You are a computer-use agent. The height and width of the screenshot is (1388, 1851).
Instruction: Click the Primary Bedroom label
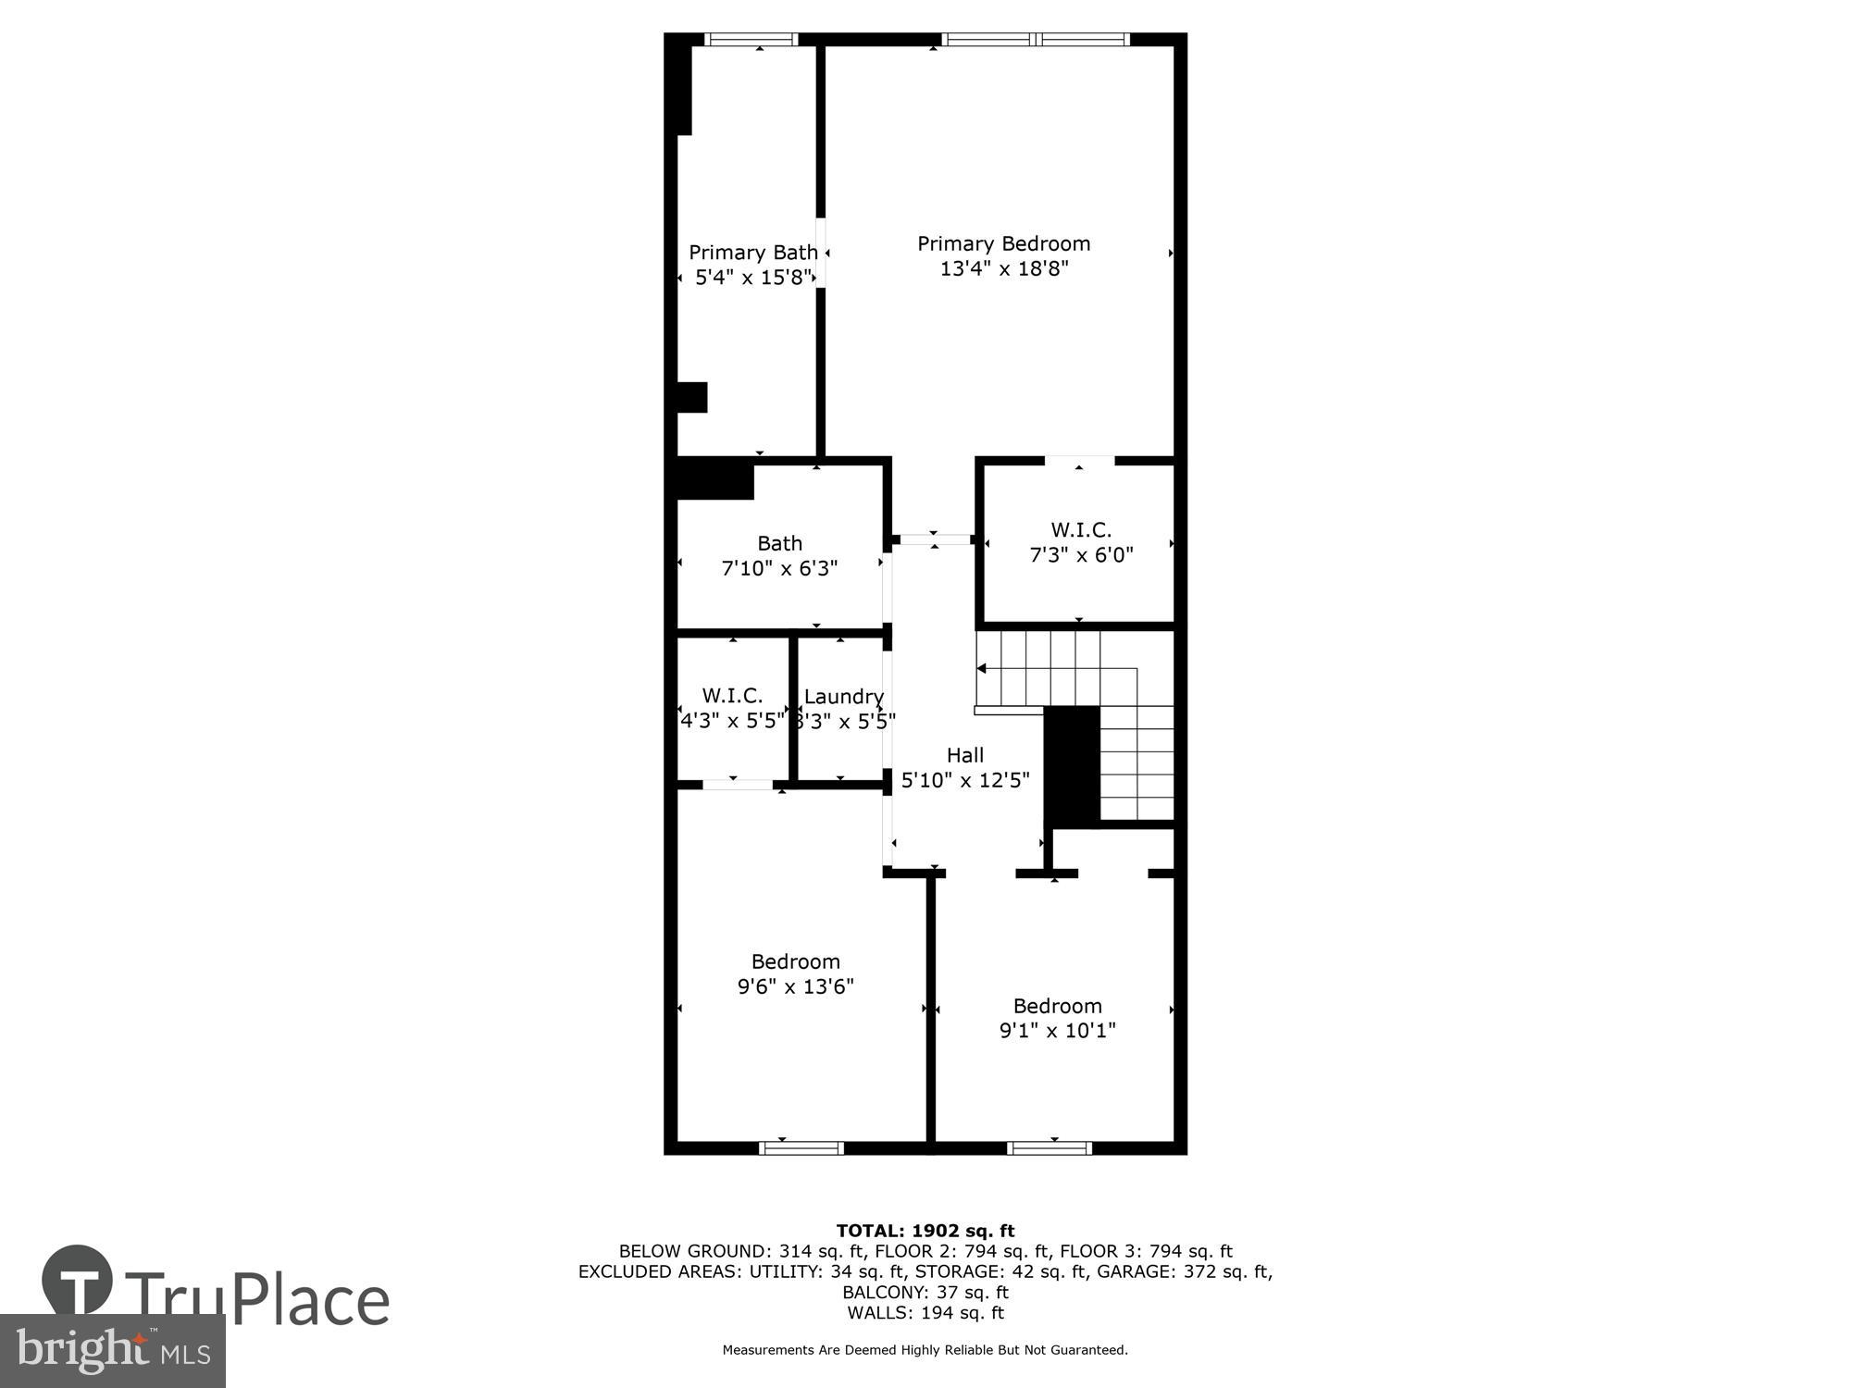pos(1003,243)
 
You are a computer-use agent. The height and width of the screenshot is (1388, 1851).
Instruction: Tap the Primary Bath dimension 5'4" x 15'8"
pos(753,277)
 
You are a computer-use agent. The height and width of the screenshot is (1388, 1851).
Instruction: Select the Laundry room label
pos(843,696)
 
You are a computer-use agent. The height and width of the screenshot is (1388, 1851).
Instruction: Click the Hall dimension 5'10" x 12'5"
pos(965,780)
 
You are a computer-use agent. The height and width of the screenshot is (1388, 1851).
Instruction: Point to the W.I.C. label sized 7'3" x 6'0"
pos(1081,530)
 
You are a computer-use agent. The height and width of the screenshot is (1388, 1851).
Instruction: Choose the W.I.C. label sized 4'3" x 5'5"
pos(732,695)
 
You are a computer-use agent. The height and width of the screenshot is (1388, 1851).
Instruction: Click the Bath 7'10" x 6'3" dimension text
pos(779,568)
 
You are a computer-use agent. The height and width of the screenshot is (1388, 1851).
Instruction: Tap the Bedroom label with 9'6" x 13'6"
pos(795,961)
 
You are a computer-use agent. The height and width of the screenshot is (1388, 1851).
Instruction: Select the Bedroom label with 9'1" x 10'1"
pos(1057,1006)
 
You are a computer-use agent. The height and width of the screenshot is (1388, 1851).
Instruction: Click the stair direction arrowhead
pos(982,668)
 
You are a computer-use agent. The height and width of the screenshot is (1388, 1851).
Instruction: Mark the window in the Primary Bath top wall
pos(751,39)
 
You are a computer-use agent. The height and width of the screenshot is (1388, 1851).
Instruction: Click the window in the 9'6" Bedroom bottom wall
pos(801,1147)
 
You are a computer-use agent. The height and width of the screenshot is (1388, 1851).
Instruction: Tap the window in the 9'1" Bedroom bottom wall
pos(1050,1147)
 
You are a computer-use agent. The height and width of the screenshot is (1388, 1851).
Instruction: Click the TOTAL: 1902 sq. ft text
pos(925,1231)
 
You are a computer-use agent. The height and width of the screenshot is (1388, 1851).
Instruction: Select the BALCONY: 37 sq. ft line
pos(925,1292)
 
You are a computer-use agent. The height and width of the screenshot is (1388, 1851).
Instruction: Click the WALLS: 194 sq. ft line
pos(925,1312)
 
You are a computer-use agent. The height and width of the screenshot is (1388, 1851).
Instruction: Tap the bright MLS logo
pos(111,1352)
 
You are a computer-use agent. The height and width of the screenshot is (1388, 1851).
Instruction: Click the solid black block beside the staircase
pos(1072,766)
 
